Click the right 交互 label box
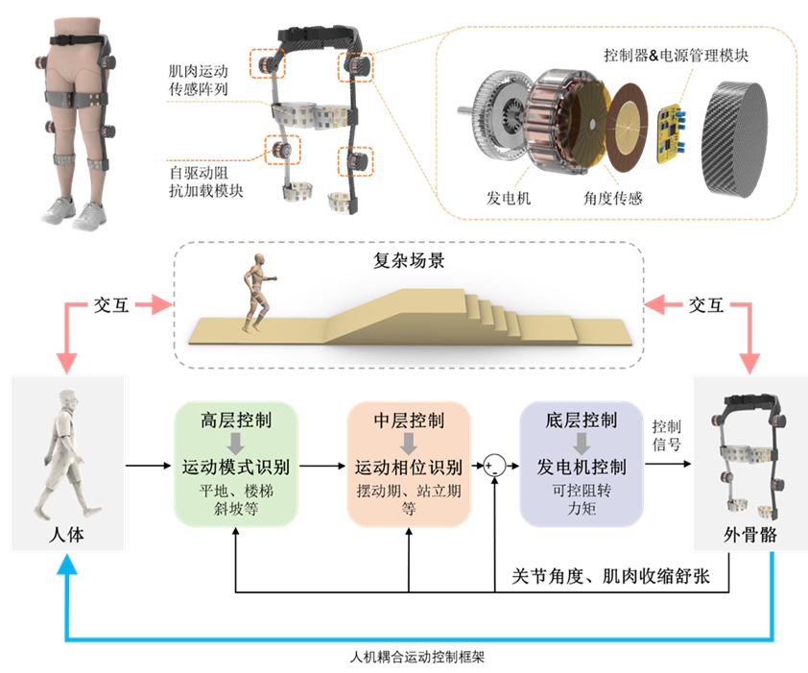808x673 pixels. point(707,304)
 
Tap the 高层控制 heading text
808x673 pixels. point(236,421)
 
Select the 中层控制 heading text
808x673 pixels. point(409,421)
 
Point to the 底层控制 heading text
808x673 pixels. point(582,421)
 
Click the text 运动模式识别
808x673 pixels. point(236,468)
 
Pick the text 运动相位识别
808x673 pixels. point(409,468)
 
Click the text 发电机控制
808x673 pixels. point(582,468)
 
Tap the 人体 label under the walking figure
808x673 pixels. point(66,534)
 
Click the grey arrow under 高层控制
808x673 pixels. point(236,444)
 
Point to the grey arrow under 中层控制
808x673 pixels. point(409,444)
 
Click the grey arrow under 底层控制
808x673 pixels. point(582,444)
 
